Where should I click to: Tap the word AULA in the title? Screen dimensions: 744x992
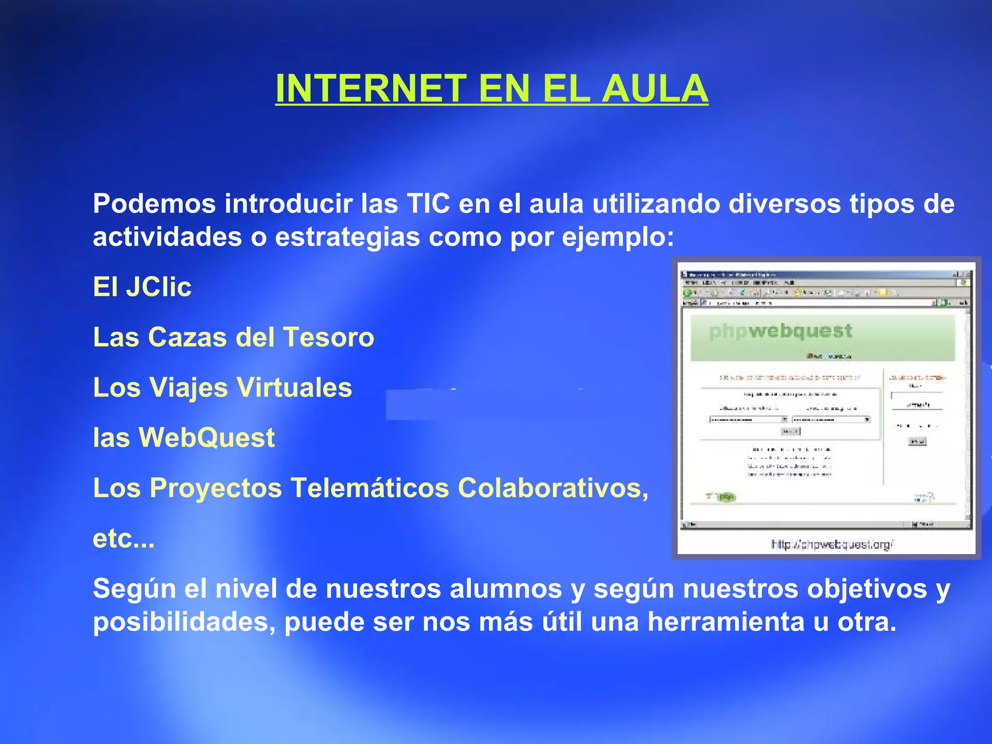pos(654,89)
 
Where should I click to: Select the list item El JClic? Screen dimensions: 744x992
pos(142,287)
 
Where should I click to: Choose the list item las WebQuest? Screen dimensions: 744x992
pos(184,438)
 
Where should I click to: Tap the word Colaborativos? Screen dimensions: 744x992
pos(553,488)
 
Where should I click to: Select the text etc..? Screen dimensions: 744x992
pos(123,539)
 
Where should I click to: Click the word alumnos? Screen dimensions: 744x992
pos(506,589)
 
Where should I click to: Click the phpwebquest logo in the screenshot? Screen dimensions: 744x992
pos(780,331)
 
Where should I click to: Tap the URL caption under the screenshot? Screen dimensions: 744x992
pos(832,545)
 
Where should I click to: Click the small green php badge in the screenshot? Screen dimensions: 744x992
pos(726,497)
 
